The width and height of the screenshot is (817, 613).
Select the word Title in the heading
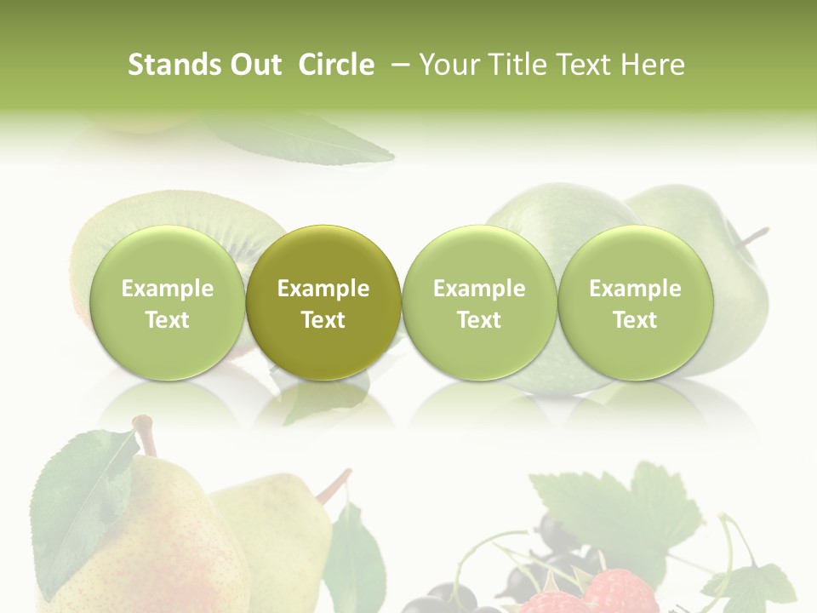coord(519,65)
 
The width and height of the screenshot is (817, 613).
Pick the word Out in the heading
coord(254,65)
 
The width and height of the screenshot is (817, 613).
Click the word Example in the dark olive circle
coord(323,289)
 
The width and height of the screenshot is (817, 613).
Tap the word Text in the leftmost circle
coord(167,320)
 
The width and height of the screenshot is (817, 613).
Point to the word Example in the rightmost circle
coord(635,289)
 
